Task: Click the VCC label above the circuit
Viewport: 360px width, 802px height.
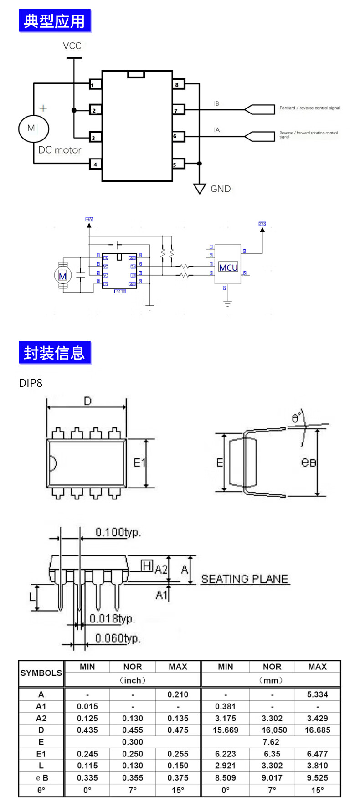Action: (x=72, y=46)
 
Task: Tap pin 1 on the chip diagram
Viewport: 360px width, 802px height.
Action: (x=95, y=84)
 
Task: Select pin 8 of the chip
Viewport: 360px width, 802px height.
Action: (x=178, y=84)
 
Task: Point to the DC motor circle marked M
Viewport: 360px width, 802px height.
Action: (x=33, y=128)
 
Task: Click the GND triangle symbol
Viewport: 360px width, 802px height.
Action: (x=200, y=188)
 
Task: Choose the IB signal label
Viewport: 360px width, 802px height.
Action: (x=216, y=104)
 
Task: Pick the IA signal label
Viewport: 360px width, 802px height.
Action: (x=216, y=130)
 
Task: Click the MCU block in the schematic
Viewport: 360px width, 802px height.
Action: (x=228, y=267)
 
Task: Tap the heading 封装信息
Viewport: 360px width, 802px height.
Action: (x=55, y=353)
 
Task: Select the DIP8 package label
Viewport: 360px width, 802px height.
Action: (x=31, y=383)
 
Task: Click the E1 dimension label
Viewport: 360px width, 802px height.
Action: (x=139, y=463)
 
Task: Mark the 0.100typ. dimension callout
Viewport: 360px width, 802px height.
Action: (x=118, y=532)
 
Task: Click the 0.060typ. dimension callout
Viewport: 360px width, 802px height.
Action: (x=118, y=638)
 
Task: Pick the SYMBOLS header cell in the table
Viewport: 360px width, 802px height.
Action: (x=41, y=673)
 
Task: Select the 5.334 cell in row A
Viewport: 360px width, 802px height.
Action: (x=317, y=694)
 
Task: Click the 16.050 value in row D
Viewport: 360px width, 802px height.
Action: (x=272, y=730)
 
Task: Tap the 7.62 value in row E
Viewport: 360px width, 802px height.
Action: (x=271, y=742)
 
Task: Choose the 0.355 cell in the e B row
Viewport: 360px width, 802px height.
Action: (x=133, y=777)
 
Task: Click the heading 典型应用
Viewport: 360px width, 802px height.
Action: (x=55, y=21)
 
